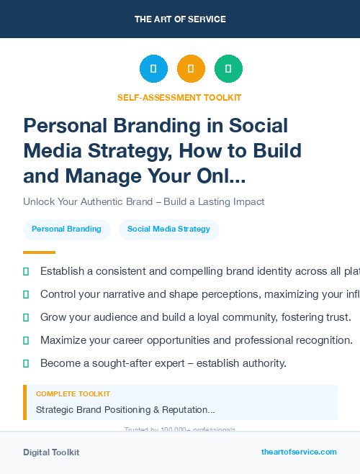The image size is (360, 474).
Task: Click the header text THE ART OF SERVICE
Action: pos(180,19)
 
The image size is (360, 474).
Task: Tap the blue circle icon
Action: pos(153,68)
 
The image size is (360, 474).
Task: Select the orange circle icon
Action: pos(191,68)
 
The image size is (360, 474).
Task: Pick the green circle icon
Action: pos(228,68)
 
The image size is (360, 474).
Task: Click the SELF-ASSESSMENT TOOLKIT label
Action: pos(180,97)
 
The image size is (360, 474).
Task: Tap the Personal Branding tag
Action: pos(66,229)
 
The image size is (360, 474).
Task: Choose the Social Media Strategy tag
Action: pos(168,229)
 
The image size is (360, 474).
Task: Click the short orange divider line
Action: pos(39,252)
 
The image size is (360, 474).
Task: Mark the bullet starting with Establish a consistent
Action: pos(194,272)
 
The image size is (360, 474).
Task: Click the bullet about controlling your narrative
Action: pos(194,294)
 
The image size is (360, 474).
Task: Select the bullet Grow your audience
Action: pos(195,317)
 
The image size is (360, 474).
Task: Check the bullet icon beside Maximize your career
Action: pos(26,340)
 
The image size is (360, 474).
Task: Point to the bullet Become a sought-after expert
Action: pos(163,363)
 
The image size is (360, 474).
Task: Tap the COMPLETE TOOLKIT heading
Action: pos(73,394)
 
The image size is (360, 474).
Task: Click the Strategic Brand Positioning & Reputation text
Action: pos(125,409)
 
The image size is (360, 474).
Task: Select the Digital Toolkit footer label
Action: pos(51,452)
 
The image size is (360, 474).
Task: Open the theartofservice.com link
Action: pos(299,452)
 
